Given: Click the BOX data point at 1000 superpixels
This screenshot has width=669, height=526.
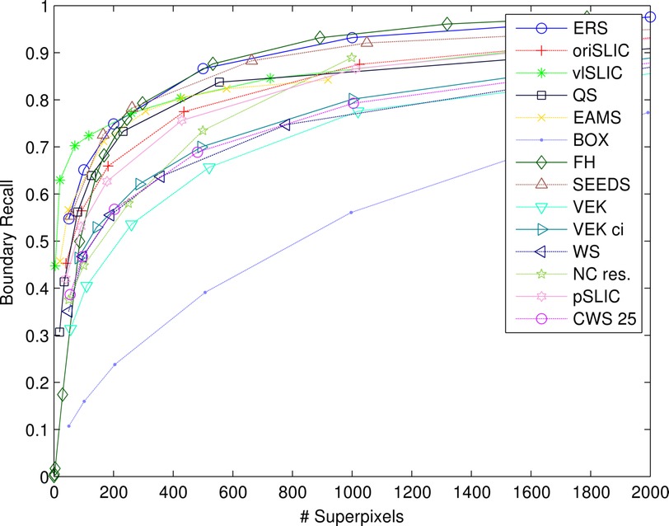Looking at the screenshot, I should coord(352,212).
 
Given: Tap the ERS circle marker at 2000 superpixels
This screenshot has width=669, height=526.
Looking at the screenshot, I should coord(650,16).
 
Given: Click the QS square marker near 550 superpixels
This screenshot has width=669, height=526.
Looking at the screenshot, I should coord(219,82).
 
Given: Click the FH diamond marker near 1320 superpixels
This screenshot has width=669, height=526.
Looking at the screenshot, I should coord(447,24).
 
